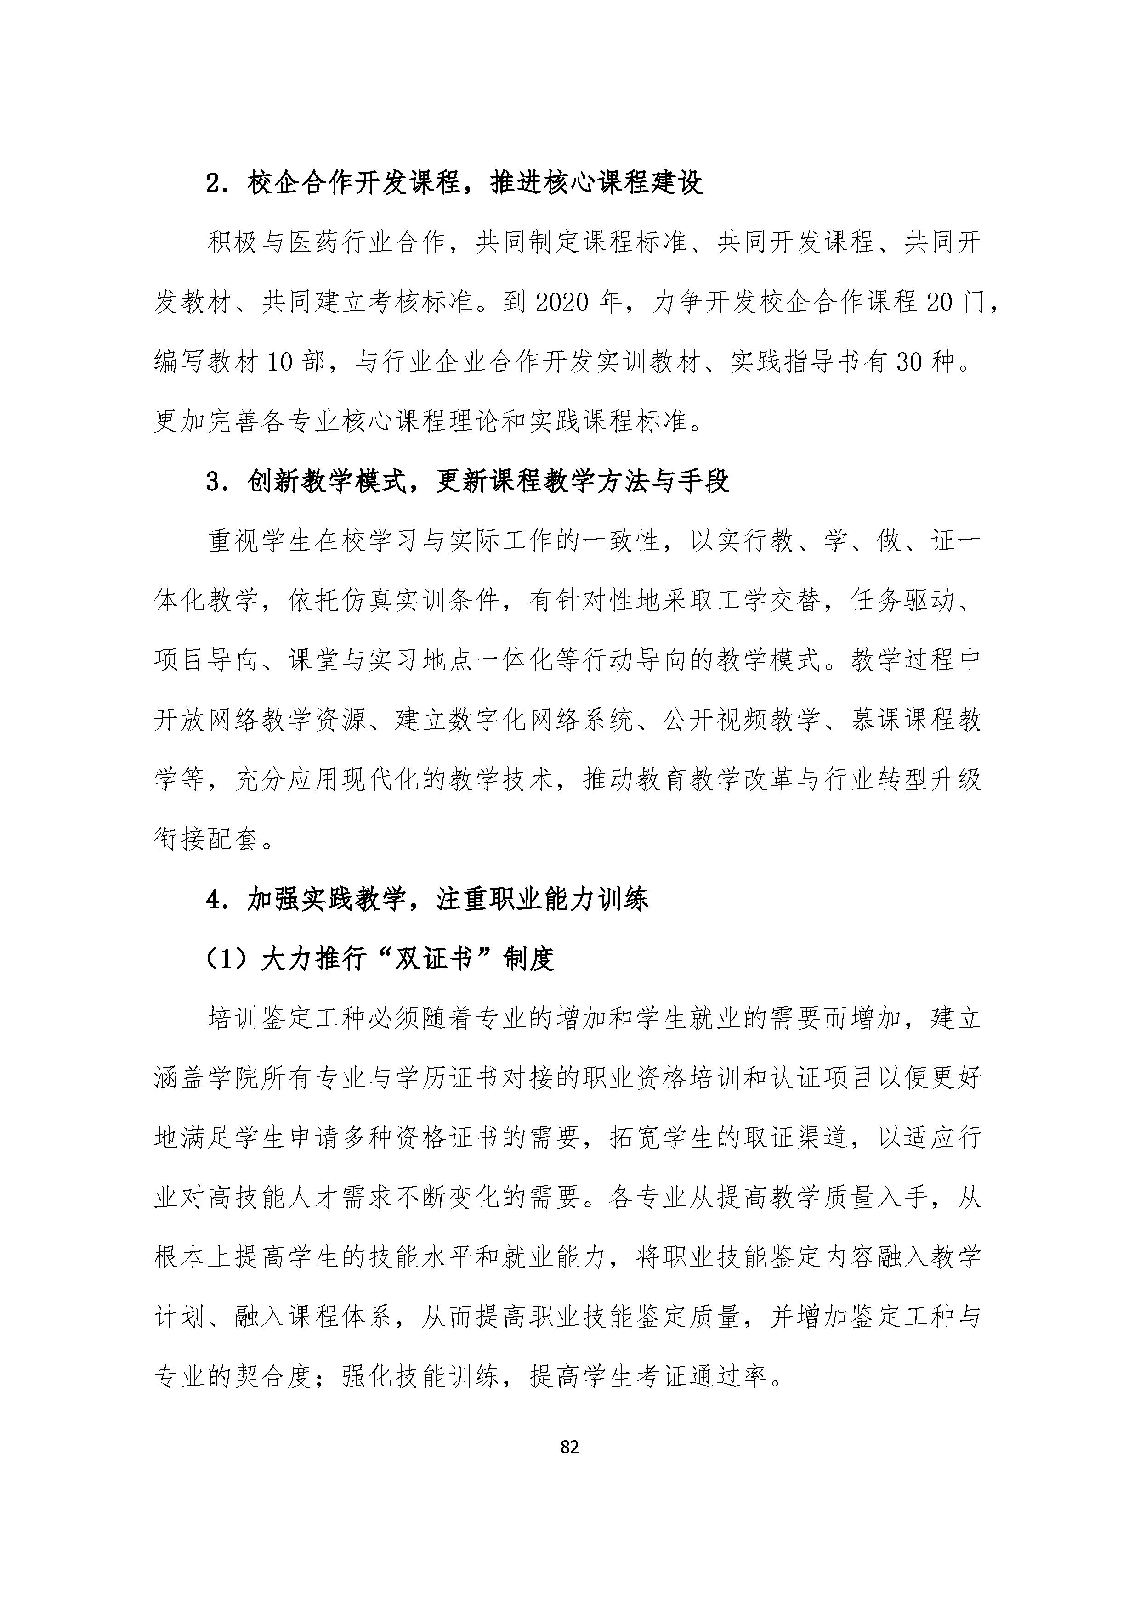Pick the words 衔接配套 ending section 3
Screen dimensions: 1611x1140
207,840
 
